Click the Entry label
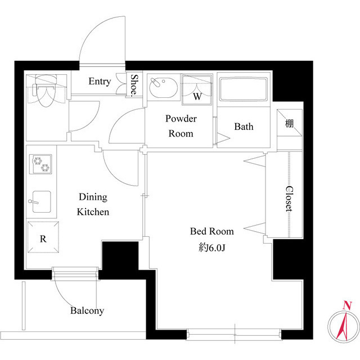point(100,82)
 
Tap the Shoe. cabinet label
point(135,85)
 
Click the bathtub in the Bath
point(244,89)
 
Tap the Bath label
point(244,127)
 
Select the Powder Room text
point(181,126)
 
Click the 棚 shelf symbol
point(289,124)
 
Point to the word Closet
point(289,199)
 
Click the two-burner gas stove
point(41,164)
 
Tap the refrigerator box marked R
point(42,238)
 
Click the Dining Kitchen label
point(93,205)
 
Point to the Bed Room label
point(211,231)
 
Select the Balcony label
point(87,310)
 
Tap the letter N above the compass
point(347,305)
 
